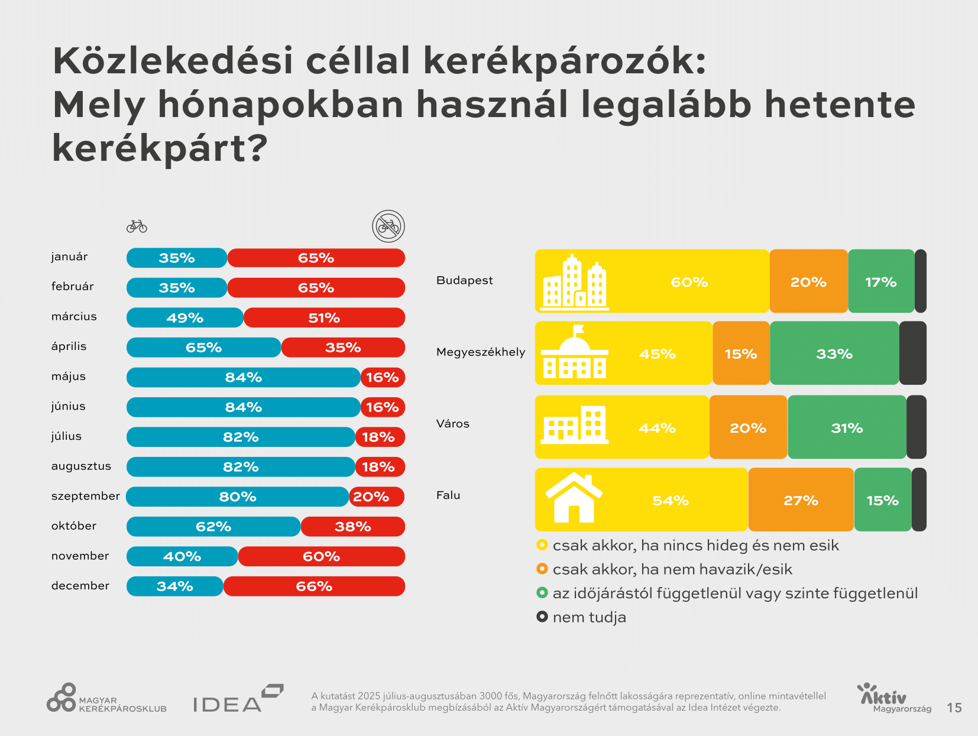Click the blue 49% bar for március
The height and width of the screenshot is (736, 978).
[x=185, y=317]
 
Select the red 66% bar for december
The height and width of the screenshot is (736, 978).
[x=314, y=586]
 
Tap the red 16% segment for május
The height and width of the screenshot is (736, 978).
[x=383, y=377]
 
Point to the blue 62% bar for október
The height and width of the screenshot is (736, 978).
[x=213, y=526]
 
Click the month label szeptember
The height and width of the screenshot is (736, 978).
[x=85, y=496]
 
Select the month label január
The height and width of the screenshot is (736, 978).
[x=69, y=257]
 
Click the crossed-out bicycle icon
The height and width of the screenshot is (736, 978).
[x=388, y=226]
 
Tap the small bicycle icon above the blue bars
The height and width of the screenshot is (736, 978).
[x=137, y=226]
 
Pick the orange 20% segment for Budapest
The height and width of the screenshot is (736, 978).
[x=808, y=281]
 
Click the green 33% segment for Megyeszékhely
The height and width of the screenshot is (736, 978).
[x=834, y=354]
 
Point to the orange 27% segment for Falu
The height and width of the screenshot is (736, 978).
[x=801, y=500]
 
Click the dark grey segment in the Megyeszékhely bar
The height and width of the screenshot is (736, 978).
[x=912, y=354]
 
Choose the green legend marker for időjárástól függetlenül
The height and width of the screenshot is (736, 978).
[x=542, y=592]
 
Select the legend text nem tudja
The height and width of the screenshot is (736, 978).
[x=589, y=617]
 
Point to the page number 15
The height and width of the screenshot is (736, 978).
[x=954, y=708]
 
